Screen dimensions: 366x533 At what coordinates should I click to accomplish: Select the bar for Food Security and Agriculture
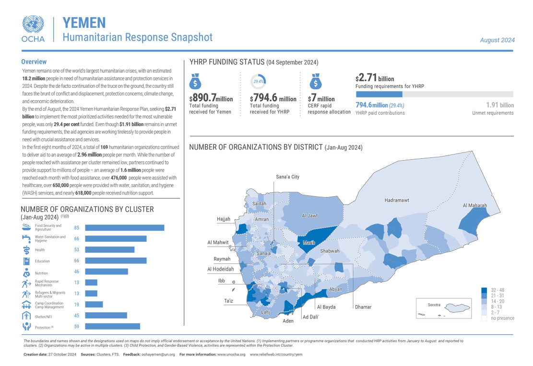(x=125, y=228)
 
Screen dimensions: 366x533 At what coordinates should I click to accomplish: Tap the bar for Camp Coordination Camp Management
(x=94, y=304)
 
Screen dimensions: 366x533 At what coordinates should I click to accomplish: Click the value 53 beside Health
(x=76, y=249)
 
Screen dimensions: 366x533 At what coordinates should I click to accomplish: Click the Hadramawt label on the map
(x=397, y=200)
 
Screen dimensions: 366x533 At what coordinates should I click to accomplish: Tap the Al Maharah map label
(x=475, y=205)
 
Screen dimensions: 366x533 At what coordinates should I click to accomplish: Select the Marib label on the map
(x=309, y=243)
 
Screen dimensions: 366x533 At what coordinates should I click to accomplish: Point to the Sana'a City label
(x=287, y=177)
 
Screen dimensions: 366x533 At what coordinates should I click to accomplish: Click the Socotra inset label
(x=434, y=305)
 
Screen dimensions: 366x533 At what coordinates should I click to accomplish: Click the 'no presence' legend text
(x=503, y=318)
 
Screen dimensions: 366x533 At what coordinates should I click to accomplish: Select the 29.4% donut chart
(x=258, y=81)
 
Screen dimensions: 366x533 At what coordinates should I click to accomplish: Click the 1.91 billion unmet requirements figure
(x=500, y=105)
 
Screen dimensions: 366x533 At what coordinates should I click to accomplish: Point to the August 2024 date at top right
(x=497, y=40)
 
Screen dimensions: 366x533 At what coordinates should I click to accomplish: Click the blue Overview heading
(x=34, y=62)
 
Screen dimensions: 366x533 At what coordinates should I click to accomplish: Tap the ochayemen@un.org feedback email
(x=157, y=354)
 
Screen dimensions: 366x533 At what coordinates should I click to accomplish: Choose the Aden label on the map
(x=288, y=321)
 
